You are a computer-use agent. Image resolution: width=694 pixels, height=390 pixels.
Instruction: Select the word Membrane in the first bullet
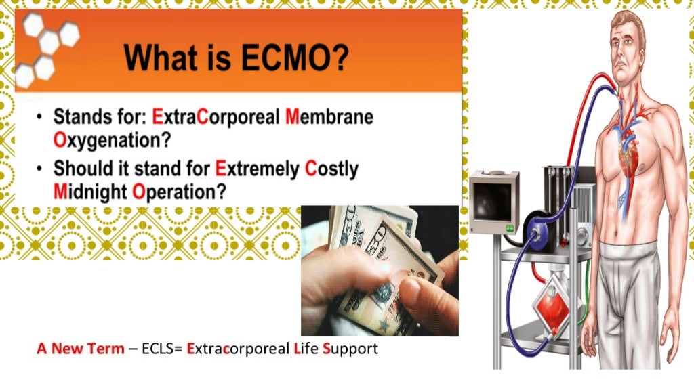coord(329,117)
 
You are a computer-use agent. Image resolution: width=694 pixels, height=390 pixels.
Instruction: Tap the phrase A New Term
coord(81,349)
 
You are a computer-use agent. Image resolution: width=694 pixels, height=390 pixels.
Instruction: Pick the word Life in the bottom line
coord(306,349)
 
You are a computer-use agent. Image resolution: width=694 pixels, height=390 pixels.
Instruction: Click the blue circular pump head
coord(539,231)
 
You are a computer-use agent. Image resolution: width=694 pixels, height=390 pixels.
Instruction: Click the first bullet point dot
coord(41,118)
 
